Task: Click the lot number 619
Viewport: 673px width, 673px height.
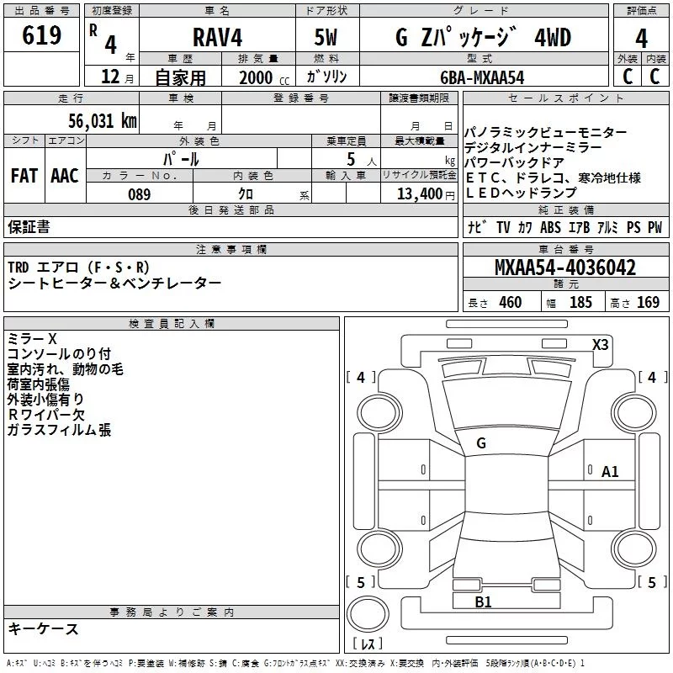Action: tap(41, 34)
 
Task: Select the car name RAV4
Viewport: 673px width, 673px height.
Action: tap(217, 37)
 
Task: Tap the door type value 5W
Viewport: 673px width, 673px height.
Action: tap(326, 37)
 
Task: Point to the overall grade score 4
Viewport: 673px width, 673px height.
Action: tap(641, 39)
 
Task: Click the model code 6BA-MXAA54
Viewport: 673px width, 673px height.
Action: tap(482, 77)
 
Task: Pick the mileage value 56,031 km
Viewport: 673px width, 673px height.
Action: tap(103, 121)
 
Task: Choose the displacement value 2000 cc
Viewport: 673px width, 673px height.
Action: tap(264, 78)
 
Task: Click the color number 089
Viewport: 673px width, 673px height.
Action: tap(140, 194)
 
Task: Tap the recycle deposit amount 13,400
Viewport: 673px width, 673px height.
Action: tap(420, 194)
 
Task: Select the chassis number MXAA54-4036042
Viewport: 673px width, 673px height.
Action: tap(564, 268)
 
